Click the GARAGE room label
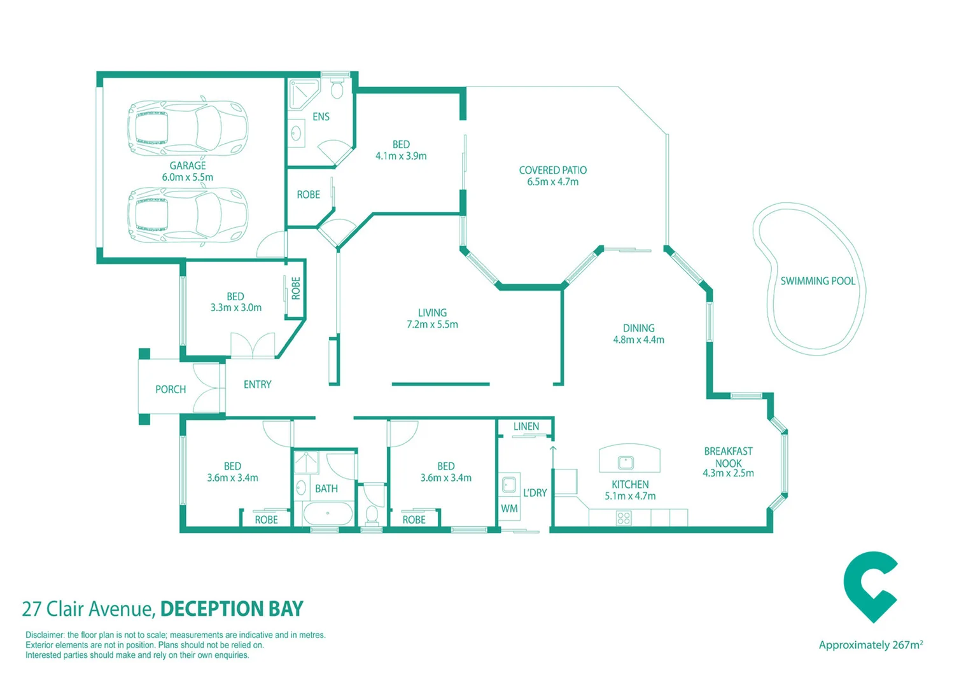pyautogui.click(x=187, y=166)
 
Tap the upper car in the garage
pyautogui.click(x=187, y=127)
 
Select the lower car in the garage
pyautogui.click(x=187, y=215)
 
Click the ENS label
pyautogui.click(x=321, y=116)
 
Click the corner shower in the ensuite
pyautogui.click(x=302, y=94)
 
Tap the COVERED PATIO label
pyautogui.click(x=552, y=170)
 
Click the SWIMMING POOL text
pyautogui.click(x=818, y=281)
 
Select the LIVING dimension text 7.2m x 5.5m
pyautogui.click(x=432, y=324)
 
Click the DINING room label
pyautogui.click(x=638, y=328)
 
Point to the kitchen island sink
pyautogui.click(x=626, y=462)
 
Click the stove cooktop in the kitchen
pyautogui.click(x=624, y=518)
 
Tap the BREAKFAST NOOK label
pyautogui.click(x=728, y=457)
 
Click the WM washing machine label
pyautogui.click(x=509, y=509)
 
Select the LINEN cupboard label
pyautogui.click(x=526, y=427)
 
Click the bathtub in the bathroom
pyautogui.click(x=328, y=513)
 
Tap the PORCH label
pyautogui.click(x=171, y=389)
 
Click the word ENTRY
pyautogui.click(x=257, y=385)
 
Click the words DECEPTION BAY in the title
pyautogui.click(x=232, y=609)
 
